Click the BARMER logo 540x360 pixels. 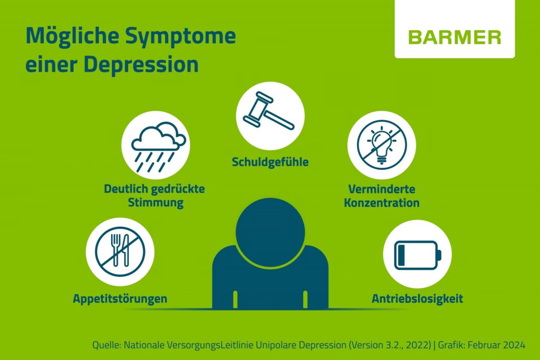tap(455, 37)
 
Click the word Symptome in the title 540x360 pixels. tap(180, 36)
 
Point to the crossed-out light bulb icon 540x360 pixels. tap(382, 145)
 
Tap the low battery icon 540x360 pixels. tap(418, 254)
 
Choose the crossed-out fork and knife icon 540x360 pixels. tap(120, 251)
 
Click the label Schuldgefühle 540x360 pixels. tap(270, 162)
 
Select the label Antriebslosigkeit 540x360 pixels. tap(418, 298)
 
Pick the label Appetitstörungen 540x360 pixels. tap(120, 298)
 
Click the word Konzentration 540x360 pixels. tap(382, 202)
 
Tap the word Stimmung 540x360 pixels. tap(156, 202)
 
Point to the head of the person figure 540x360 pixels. tap(271, 232)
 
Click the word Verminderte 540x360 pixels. tap(382, 189)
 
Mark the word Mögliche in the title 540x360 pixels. tap(73, 36)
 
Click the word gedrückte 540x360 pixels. tap(178, 189)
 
